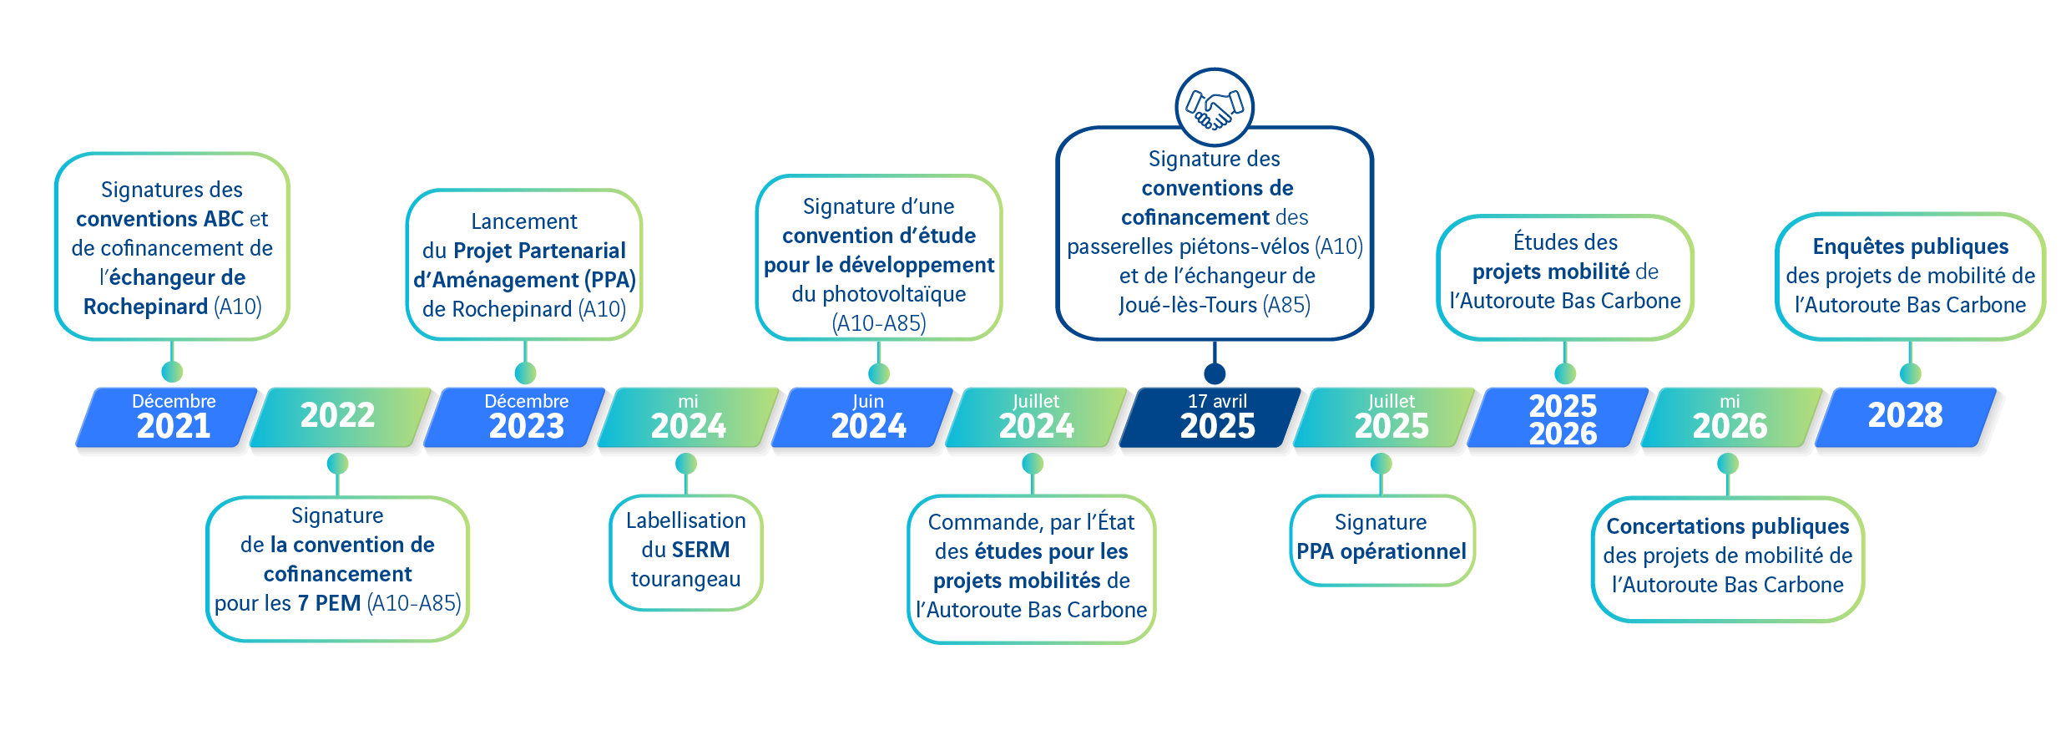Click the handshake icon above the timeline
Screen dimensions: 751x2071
[x=1215, y=107]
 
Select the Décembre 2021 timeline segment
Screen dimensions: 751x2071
[x=173, y=416]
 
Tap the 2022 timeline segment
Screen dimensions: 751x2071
[x=337, y=416]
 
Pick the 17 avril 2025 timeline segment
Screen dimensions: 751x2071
[x=1216, y=416]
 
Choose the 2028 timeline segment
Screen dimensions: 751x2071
[x=1905, y=416]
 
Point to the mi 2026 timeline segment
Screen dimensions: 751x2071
[x=1729, y=416]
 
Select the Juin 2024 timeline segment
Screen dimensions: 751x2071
[x=868, y=416]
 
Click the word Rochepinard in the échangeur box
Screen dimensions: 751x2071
[x=145, y=307]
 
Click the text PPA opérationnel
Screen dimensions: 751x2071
[x=1381, y=551]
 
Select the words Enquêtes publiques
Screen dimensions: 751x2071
[x=1910, y=246]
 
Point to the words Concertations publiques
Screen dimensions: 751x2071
[x=1727, y=526]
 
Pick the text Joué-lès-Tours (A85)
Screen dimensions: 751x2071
[x=1215, y=305]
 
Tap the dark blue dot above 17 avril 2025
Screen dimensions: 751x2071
[x=1215, y=373]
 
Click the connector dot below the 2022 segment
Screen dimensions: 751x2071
[x=337, y=463]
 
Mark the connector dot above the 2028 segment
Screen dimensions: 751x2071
[x=1910, y=373]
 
